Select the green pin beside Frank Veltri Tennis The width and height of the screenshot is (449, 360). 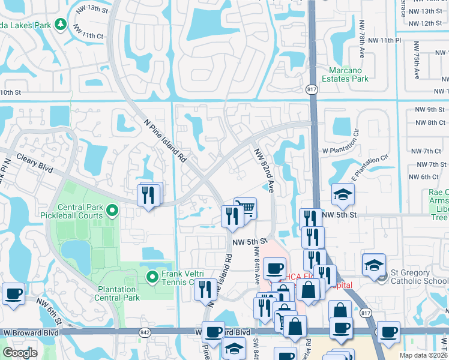(152, 277)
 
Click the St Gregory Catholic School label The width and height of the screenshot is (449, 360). (417, 275)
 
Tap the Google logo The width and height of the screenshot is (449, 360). (20, 353)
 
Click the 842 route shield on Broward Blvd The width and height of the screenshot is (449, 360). (145, 331)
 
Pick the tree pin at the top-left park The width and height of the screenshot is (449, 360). (60, 23)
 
